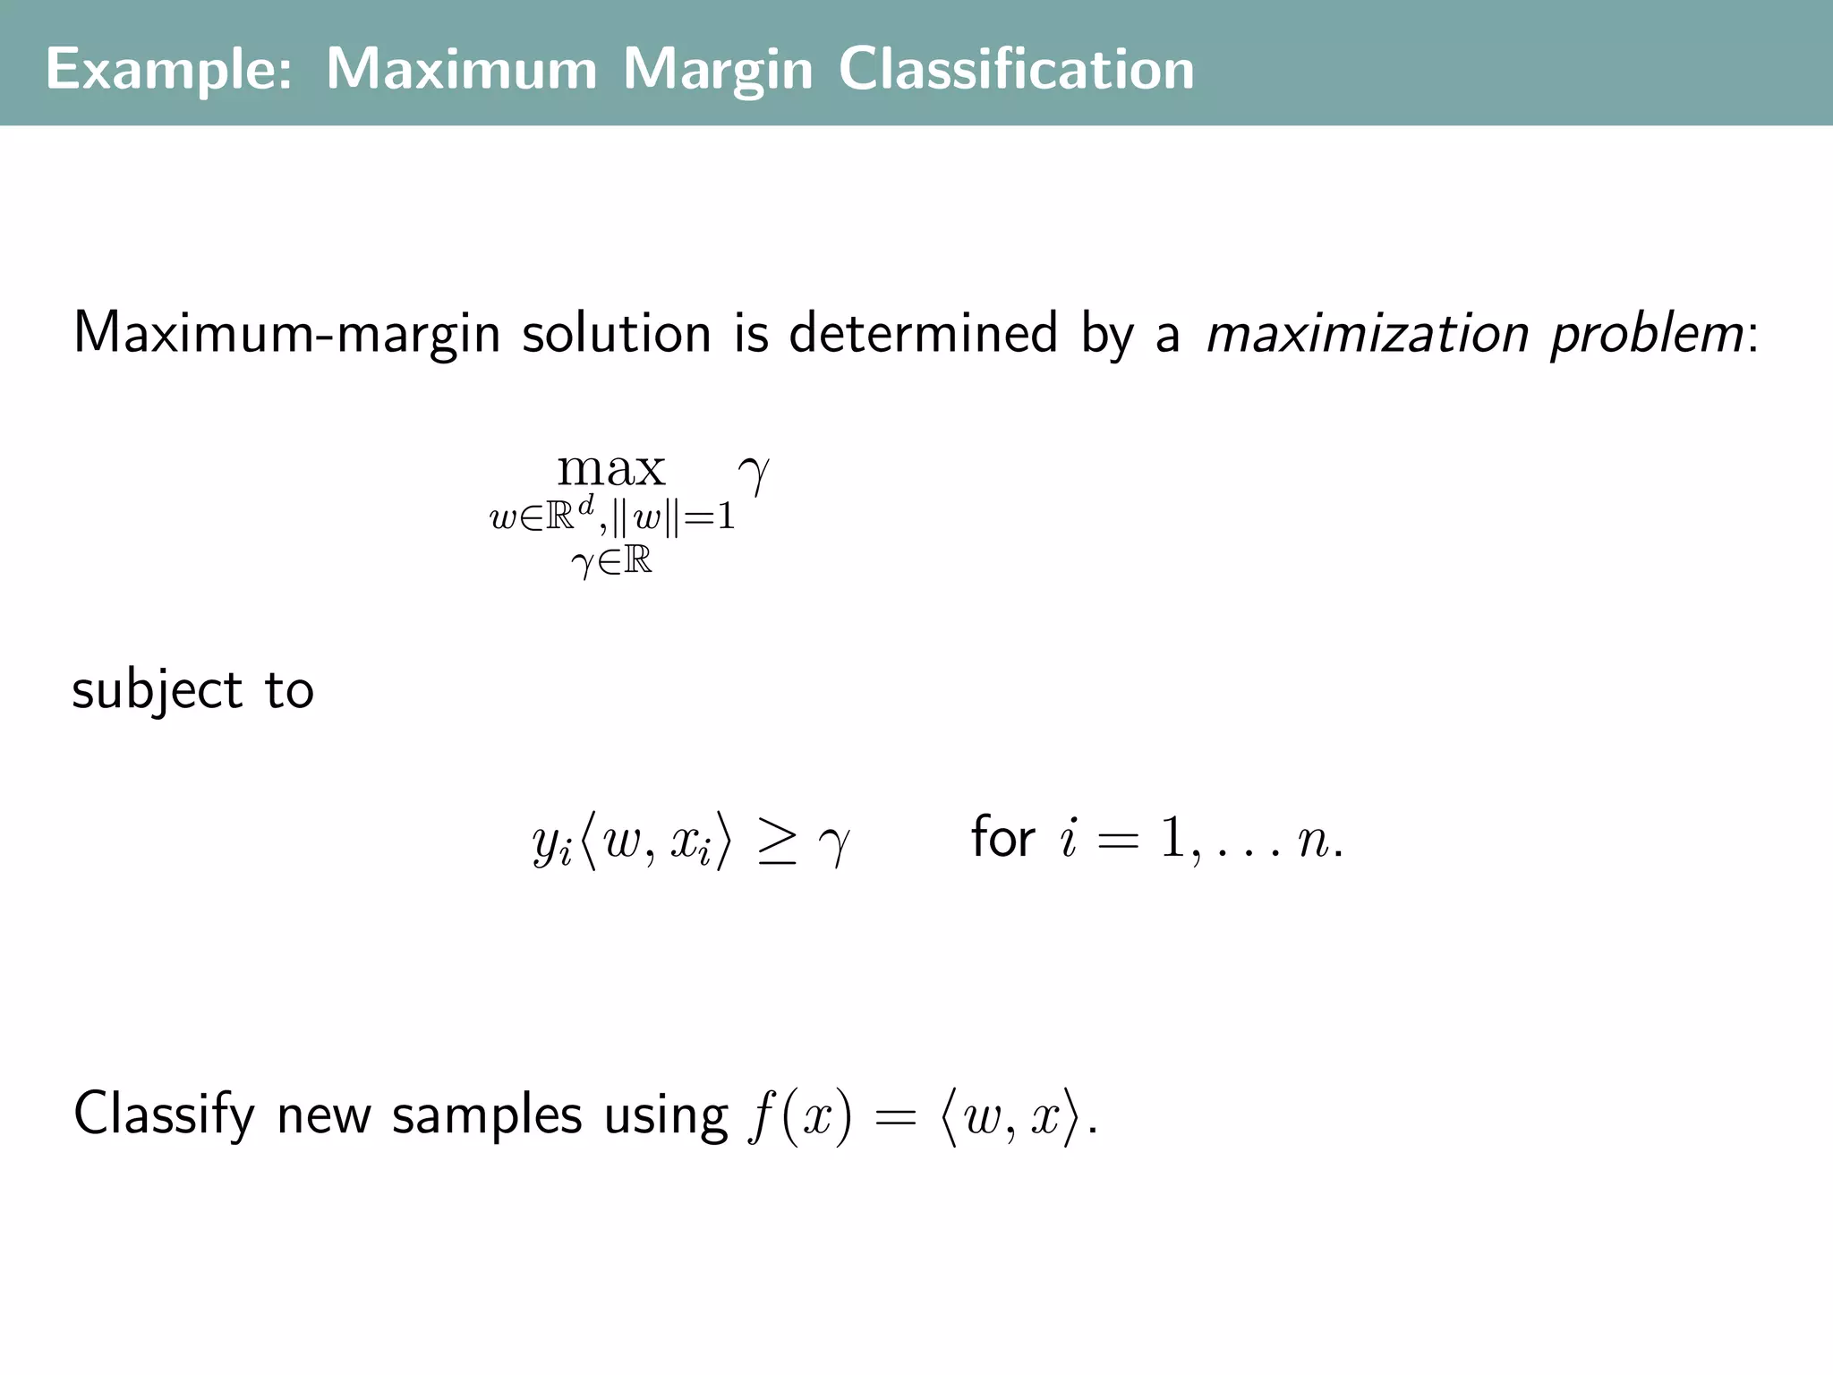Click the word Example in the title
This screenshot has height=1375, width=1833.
click(x=168, y=70)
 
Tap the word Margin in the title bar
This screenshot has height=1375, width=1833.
click(x=718, y=70)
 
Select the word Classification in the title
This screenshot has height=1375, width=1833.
click(x=1016, y=70)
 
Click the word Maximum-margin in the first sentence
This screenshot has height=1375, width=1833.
click(x=286, y=334)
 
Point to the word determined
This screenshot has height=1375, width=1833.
click(x=923, y=334)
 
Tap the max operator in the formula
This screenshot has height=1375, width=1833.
click(x=611, y=468)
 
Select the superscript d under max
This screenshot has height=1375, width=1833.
click(x=585, y=506)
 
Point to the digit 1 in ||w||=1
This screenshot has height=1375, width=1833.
click(x=726, y=517)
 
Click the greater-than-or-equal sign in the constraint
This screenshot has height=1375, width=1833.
click(x=776, y=843)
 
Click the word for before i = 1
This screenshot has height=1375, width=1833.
click(x=1003, y=838)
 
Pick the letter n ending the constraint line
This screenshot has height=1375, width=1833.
click(x=1312, y=841)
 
